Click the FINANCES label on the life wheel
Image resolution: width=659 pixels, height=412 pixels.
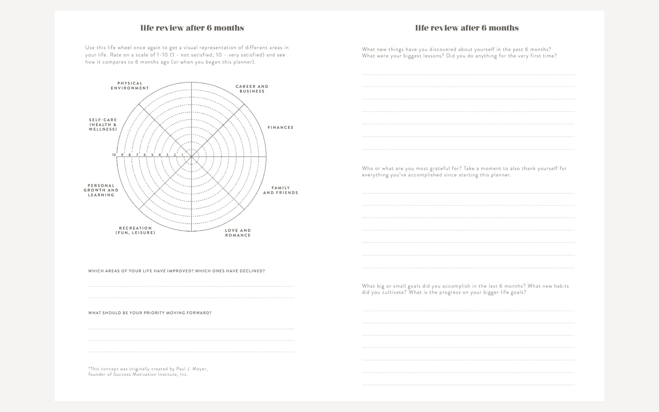pos(280,128)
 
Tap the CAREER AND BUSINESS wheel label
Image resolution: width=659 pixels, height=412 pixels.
pos(252,89)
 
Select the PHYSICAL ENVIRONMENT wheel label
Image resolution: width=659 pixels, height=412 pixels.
pos(130,86)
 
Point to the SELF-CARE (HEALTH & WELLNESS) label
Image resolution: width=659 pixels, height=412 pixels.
pos(103,125)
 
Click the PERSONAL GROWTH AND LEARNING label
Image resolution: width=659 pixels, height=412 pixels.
pos(101,190)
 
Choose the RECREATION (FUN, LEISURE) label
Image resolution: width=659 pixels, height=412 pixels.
pos(135,230)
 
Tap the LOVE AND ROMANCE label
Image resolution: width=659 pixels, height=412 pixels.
pos(238,233)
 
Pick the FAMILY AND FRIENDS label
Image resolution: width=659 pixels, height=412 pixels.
pos(280,190)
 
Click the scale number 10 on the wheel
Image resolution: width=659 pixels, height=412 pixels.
pos(114,155)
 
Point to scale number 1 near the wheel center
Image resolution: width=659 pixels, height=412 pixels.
pos(182,155)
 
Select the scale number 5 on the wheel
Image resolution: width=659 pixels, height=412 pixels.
pos(152,155)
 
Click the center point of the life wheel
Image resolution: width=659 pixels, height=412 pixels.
pos(191,157)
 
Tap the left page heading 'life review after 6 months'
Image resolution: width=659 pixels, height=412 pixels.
pos(192,28)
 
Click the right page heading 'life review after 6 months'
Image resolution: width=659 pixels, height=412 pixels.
pos(467,28)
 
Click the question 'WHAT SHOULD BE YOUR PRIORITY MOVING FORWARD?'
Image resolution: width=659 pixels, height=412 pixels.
pos(150,313)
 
